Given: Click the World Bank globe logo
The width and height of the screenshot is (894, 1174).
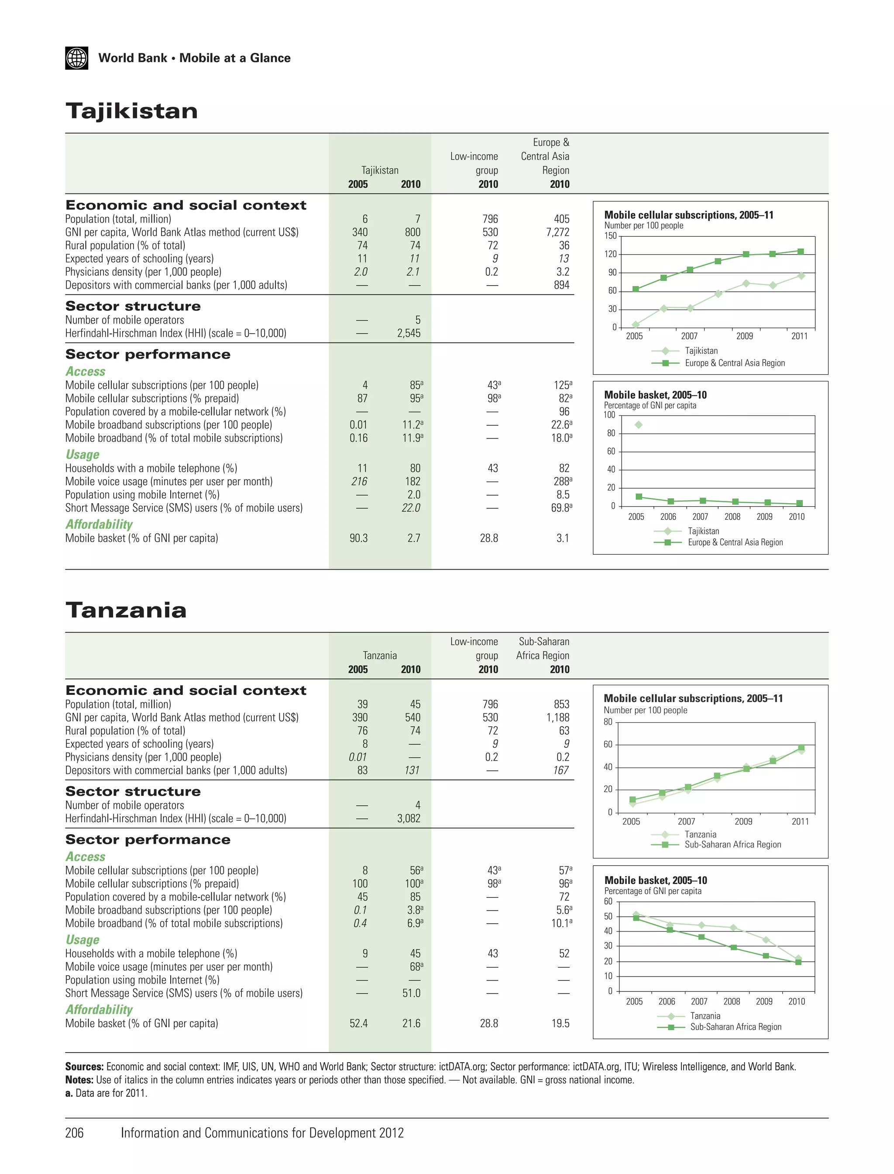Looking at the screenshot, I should coord(77,58).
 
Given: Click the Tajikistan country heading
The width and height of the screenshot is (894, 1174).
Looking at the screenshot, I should coord(131,111).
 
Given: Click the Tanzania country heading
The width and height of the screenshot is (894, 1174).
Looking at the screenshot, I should coord(126,610).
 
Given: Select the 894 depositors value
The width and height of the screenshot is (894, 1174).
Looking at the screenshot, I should coord(561,285).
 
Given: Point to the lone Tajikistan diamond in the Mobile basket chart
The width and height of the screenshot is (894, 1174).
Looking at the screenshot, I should coord(639,425).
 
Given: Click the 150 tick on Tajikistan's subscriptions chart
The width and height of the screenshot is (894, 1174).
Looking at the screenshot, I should coord(610,236).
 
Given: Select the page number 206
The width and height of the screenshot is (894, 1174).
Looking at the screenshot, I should coord(75,1133).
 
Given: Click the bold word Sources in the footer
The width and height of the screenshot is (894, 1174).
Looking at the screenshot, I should coord(84,1067).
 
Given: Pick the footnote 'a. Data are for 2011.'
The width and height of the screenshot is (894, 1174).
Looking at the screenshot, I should coord(107,1093).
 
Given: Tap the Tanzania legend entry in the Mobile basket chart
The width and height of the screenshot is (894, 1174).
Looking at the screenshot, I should coord(705,1016).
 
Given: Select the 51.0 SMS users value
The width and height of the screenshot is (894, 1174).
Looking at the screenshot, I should coord(411,993).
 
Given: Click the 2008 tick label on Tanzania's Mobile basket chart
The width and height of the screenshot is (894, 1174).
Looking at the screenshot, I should coord(732,1001).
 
